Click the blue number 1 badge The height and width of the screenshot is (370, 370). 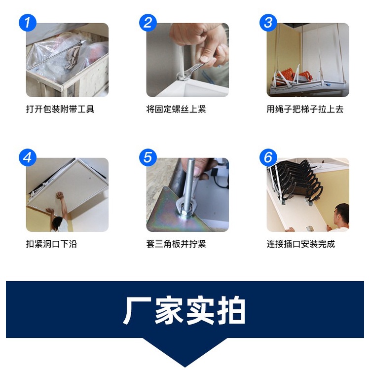pyautogui.click(x=28, y=23)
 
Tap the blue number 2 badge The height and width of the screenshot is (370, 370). pyautogui.click(x=148, y=23)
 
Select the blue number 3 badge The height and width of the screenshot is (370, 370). pyautogui.click(x=268, y=23)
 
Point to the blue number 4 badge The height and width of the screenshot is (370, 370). pyautogui.click(x=28, y=157)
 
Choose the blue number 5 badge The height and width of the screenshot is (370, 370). pyautogui.click(x=148, y=157)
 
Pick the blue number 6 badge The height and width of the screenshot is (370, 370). pyautogui.click(x=268, y=157)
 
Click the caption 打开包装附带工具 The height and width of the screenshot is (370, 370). pyautogui.click(x=60, y=109)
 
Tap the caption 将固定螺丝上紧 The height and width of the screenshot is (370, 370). pyautogui.click(x=176, y=109)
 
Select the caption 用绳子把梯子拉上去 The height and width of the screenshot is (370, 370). pyautogui.click(x=305, y=109)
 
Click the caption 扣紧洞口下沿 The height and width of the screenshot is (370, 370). pyautogui.click(x=52, y=244)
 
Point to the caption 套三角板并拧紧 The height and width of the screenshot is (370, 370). pyautogui.click(x=176, y=244)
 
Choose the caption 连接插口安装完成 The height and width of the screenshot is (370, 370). pyautogui.click(x=300, y=244)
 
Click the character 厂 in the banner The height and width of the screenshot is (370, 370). pyautogui.click(x=137, y=310)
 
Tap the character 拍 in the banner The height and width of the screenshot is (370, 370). pyautogui.click(x=231, y=310)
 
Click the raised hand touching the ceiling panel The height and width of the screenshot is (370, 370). pyautogui.click(x=60, y=196)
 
